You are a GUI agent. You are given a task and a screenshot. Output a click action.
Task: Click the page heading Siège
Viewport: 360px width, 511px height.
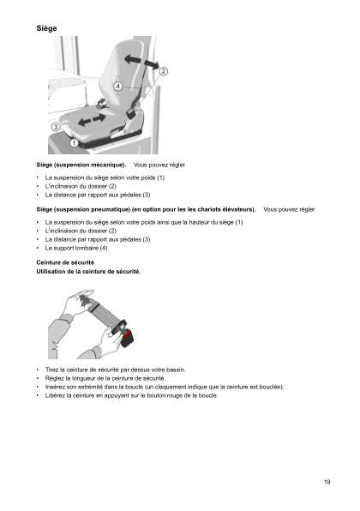[46, 28]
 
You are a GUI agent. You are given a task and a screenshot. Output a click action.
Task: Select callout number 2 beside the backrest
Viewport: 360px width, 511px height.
[162, 71]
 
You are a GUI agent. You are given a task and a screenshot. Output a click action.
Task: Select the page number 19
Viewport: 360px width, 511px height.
[327, 483]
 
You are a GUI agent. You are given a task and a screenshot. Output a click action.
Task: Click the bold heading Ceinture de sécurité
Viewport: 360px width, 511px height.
[65, 262]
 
